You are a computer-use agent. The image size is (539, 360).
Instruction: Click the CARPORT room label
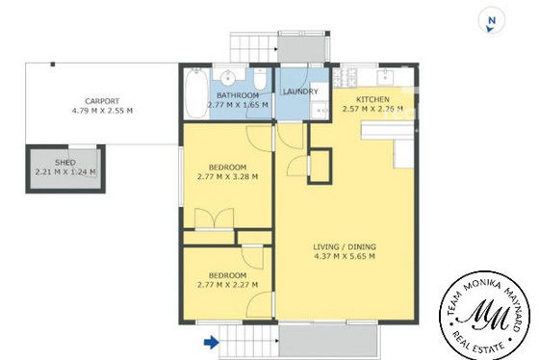(x=102, y=101)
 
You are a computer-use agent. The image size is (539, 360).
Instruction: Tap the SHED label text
(x=65, y=163)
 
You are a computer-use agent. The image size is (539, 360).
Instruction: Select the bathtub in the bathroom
(x=196, y=92)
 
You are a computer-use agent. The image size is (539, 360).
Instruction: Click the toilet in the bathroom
(x=260, y=80)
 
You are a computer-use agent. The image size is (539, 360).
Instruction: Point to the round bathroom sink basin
(x=227, y=77)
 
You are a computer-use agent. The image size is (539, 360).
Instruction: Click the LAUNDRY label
(x=300, y=91)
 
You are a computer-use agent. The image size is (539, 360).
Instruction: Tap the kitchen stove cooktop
(x=345, y=77)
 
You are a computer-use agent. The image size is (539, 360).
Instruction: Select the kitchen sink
(x=385, y=77)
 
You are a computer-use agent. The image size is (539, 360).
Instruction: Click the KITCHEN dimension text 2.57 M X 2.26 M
(x=372, y=109)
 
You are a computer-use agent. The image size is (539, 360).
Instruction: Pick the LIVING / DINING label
(x=345, y=246)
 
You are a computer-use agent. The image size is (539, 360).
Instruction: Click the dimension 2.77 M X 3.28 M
(x=227, y=177)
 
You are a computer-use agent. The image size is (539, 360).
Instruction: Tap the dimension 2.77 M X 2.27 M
(x=227, y=285)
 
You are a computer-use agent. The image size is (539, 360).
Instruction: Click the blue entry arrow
(x=212, y=342)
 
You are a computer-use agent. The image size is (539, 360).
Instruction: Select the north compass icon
(x=492, y=21)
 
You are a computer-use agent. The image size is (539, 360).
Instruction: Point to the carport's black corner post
(x=53, y=64)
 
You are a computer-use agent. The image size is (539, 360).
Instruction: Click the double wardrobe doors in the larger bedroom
(x=214, y=218)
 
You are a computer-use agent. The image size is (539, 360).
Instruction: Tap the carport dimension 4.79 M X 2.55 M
(x=102, y=111)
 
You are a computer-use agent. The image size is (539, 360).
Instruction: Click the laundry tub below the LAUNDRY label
(x=320, y=110)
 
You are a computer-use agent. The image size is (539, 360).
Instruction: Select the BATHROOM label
(x=238, y=95)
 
